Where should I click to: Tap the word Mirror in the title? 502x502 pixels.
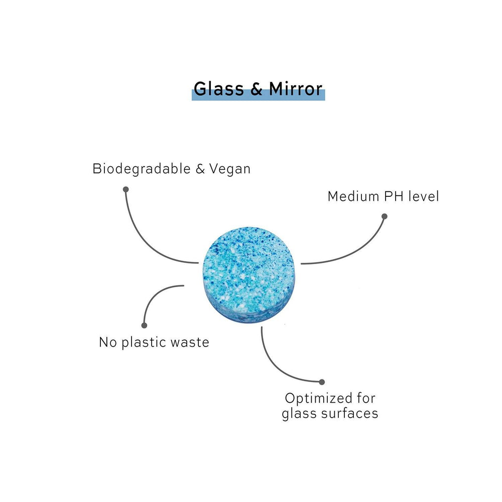(x=296, y=88)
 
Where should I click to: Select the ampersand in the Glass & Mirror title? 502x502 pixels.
(x=256, y=89)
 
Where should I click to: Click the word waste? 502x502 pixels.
(x=189, y=342)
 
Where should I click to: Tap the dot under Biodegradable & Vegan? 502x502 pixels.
(x=125, y=189)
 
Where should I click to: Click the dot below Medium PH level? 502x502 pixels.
(x=385, y=216)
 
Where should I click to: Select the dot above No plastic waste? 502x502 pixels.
(x=145, y=325)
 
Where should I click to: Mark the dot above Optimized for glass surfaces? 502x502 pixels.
(x=322, y=382)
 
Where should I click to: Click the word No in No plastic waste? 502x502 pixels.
(x=107, y=342)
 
